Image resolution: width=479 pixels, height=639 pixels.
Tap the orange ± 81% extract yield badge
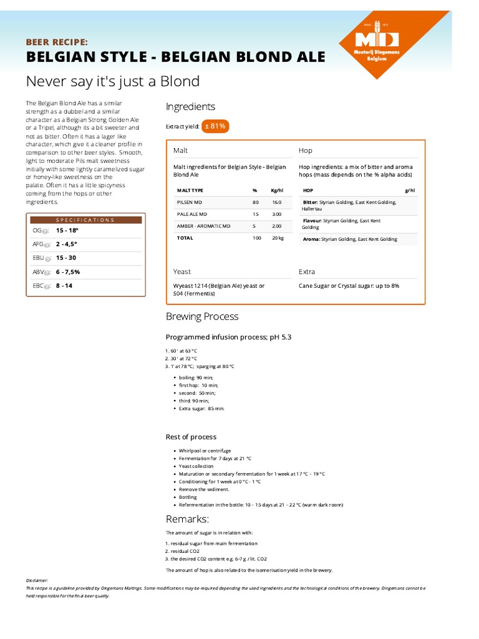pos(215,126)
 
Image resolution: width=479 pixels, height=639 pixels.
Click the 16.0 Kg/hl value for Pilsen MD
pos(276,202)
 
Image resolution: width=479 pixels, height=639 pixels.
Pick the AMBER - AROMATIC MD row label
pos(203,226)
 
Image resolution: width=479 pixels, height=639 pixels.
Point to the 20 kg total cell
pos(278,238)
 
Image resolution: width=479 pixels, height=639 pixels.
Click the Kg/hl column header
pos(277,190)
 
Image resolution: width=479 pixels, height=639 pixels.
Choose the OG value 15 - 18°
pos(67,230)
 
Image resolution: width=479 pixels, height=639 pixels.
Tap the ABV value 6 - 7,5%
pos(68,272)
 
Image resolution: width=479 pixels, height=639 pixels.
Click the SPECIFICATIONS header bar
pos(85,220)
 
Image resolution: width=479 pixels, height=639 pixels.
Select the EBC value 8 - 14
pos(64,286)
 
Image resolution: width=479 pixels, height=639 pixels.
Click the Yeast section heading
pos(182,271)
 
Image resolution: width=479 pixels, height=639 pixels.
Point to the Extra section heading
pos(307,271)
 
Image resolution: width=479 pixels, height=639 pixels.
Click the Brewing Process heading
pos(202,316)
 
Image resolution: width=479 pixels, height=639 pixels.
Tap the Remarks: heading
pos(187,519)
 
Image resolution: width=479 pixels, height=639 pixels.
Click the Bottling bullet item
pos(188,497)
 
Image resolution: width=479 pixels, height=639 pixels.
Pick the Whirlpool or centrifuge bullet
pos(205,451)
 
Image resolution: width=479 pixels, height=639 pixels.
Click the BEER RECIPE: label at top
pos(57,42)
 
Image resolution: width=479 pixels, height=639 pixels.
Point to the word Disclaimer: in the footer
pos(37,580)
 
